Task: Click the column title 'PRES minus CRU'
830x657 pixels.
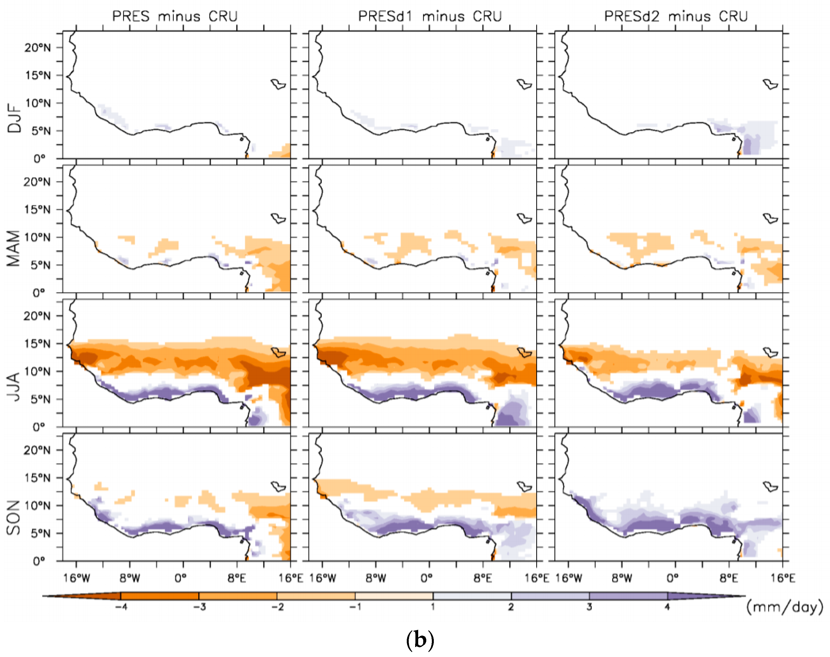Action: coord(175,16)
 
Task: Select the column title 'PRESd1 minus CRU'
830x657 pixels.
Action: coord(430,16)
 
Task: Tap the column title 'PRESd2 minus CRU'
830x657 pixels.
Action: coord(676,16)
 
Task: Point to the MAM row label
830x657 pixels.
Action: coord(14,248)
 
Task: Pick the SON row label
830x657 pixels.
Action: coord(14,517)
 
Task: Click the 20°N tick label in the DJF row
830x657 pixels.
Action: coord(37,48)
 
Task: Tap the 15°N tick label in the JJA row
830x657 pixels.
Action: coord(37,344)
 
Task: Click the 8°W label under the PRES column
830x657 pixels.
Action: coord(130,578)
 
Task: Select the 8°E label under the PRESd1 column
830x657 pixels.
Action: coord(482,578)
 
